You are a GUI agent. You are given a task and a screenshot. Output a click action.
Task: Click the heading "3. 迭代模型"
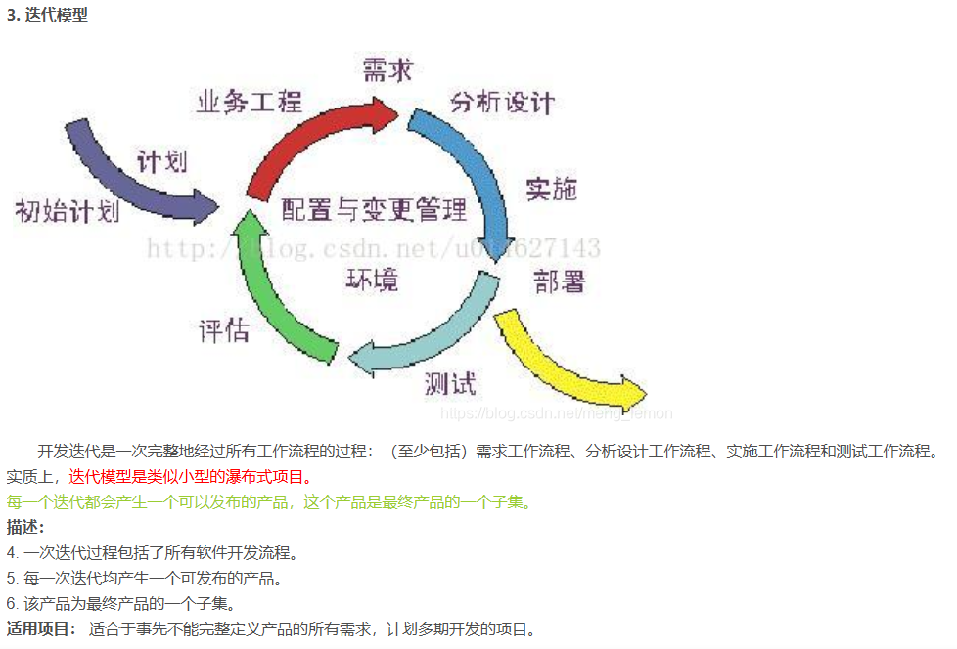[x=47, y=16]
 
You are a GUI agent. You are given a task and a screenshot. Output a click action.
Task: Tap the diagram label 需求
[x=387, y=70]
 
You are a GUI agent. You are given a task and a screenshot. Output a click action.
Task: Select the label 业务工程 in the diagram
[x=250, y=101]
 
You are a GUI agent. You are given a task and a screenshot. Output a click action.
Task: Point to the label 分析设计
[x=502, y=102]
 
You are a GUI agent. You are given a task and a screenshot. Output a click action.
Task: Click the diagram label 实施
[x=551, y=189]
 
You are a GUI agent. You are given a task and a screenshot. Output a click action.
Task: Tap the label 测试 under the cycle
[x=451, y=383]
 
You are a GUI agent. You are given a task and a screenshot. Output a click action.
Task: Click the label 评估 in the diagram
[x=223, y=329]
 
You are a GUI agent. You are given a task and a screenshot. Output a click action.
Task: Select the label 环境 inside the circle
[x=373, y=281]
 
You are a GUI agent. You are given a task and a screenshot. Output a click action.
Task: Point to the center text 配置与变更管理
[x=374, y=208]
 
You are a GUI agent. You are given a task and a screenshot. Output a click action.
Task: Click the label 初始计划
[x=67, y=211]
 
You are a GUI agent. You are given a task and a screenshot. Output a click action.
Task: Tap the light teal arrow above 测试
[x=431, y=337]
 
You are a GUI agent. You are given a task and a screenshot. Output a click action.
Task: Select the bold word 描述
[x=24, y=528]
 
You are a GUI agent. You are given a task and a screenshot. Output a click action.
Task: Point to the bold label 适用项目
[x=40, y=628]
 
